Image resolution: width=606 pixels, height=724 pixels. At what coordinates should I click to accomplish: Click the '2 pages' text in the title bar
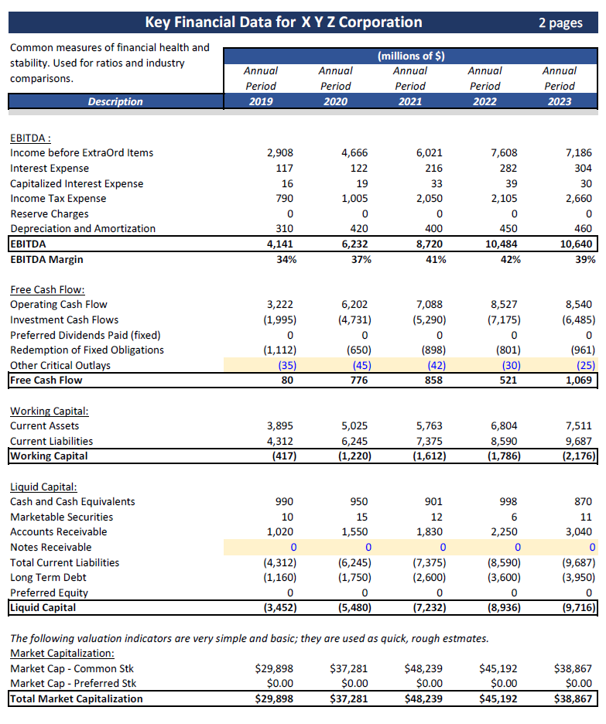tap(560, 22)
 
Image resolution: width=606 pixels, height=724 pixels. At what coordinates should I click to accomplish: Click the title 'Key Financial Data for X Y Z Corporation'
tap(283, 22)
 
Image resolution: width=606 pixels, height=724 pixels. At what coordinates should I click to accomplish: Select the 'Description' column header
tap(115, 101)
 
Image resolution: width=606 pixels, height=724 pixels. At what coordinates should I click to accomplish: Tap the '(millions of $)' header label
tap(410, 56)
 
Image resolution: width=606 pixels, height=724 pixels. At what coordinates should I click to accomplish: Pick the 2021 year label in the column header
tap(410, 101)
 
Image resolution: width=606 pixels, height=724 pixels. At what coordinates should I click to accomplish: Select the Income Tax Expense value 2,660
tap(578, 198)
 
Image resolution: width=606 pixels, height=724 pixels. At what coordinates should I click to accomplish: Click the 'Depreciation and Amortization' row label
tap(82, 228)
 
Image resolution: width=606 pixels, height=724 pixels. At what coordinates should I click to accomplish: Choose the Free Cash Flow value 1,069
tap(579, 380)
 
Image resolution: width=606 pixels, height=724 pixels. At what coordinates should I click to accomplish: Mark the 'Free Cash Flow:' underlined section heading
tap(46, 289)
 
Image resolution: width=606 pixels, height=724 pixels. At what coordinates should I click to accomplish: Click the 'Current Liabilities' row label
tap(51, 441)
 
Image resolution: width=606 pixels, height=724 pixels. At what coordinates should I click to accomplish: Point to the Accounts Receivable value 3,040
tap(578, 531)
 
